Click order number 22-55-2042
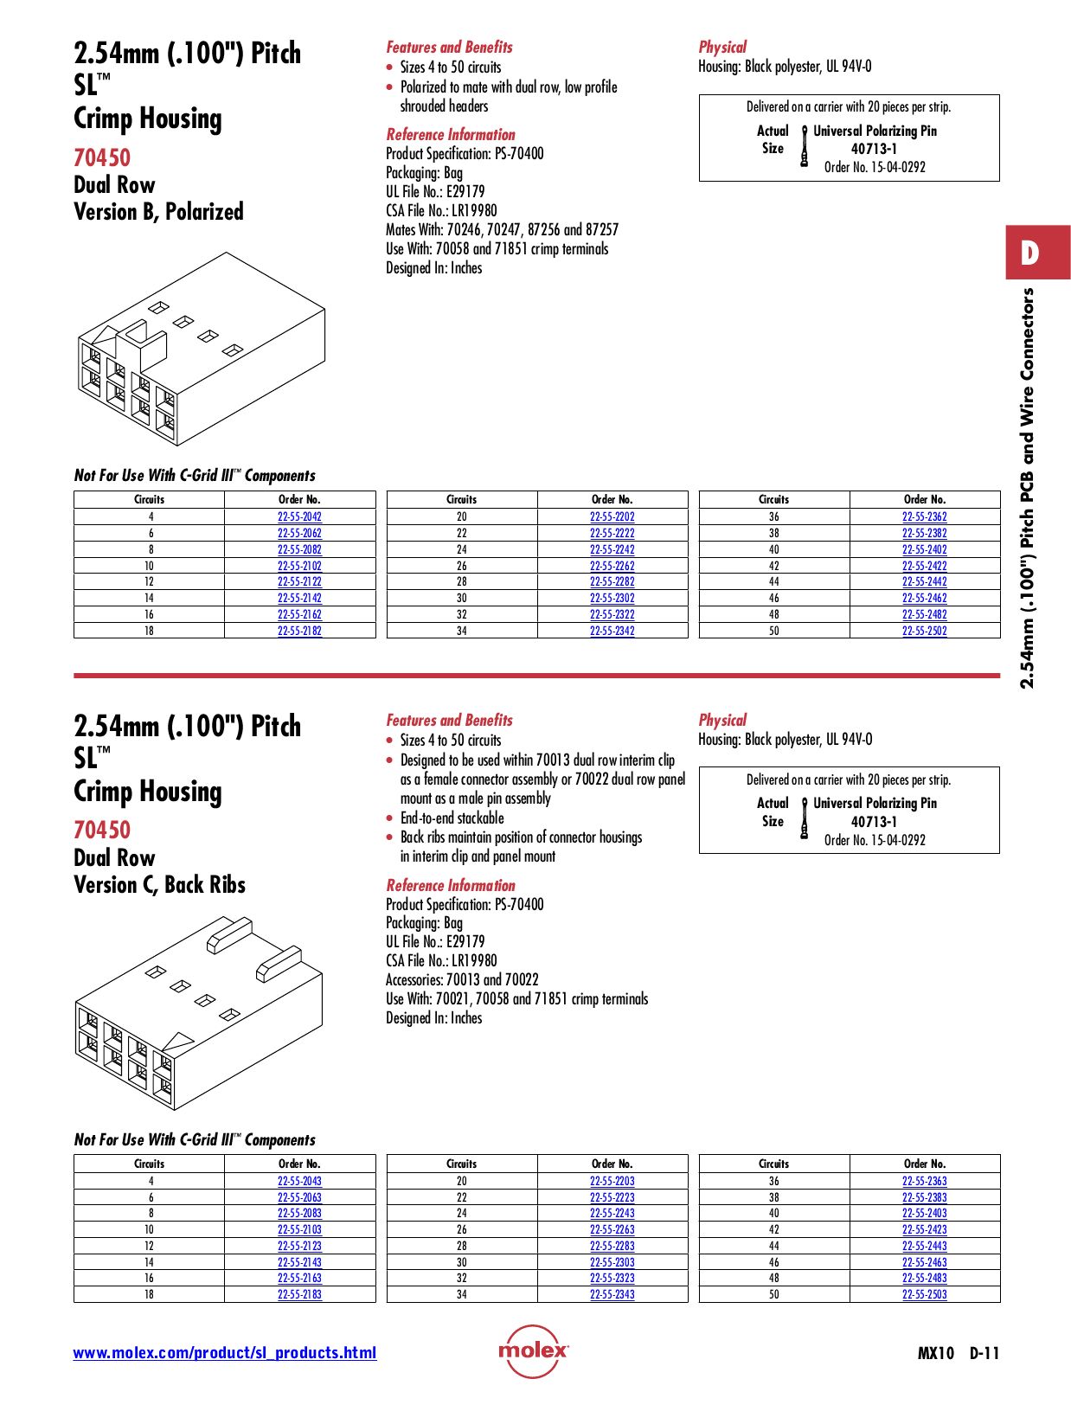tap(299, 516)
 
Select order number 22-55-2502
tap(924, 631)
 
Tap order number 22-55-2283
tap(612, 1246)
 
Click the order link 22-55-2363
tap(924, 1181)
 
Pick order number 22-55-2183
tap(299, 1294)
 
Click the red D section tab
tap(1037, 253)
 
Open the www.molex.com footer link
tap(224, 1352)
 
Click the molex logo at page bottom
tap(533, 1350)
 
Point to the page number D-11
tap(984, 1353)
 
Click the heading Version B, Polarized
tap(158, 212)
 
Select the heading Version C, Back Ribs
tap(159, 885)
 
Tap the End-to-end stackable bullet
tap(452, 818)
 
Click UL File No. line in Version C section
tap(435, 941)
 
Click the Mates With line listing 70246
tap(502, 229)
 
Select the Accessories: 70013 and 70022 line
tap(462, 979)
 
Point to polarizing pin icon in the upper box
tap(805, 145)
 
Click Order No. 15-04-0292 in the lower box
tap(874, 840)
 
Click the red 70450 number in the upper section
tap(102, 157)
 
